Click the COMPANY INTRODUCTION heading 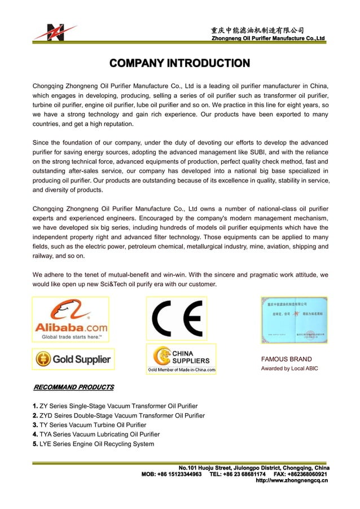pyautogui.click(x=179, y=63)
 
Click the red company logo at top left pyautogui.click(x=55, y=32)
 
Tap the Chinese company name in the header pyautogui.click(x=258, y=30)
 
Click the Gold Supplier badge pyautogui.click(x=73, y=359)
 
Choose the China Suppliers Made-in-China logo pyautogui.click(x=181, y=359)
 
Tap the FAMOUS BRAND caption pyautogui.click(x=286, y=359)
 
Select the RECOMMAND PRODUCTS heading pyautogui.click(x=73, y=387)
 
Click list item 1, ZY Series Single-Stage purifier pyautogui.click(x=115, y=406)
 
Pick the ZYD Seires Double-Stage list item pyautogui.click(x=118, y=416)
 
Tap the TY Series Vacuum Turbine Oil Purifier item pyautogui.click(x=89, y=425)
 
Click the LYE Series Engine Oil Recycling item pyautogui.click(x=93, y=444)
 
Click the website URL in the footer pyautogui.click(x=292, y=481)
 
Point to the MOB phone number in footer pyautogui.click(x=172, y=474)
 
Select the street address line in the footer pyautogui.click(x=254, y=468)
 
